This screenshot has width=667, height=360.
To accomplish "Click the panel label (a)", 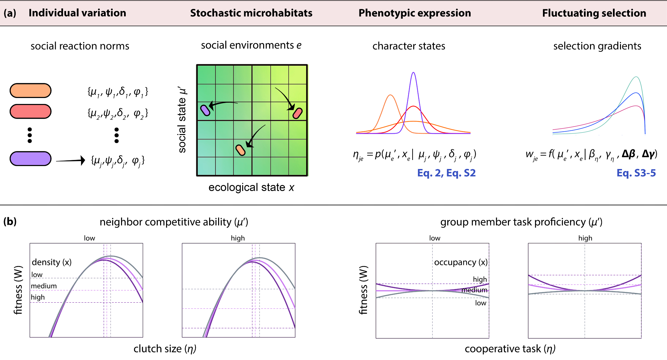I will pos(10,13).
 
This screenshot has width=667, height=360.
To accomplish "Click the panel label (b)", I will pos(10,222).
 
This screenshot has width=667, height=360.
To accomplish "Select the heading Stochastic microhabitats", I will pos(251,13).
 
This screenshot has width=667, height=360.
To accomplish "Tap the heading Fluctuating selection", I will pos(594,13).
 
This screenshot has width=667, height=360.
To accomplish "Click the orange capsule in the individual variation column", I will pos(30,91).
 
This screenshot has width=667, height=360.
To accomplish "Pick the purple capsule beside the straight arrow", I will pos(30,159).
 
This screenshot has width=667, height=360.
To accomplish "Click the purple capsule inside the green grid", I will pos(205,110).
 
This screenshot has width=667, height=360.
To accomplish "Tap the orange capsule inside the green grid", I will pos(240,150).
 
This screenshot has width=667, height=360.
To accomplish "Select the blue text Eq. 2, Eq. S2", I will pos(446,173).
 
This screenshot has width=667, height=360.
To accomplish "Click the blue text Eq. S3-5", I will pos(636,173).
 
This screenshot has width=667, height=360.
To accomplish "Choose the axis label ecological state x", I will pos(251,188).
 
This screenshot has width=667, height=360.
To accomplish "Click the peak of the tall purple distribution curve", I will pos(413,73).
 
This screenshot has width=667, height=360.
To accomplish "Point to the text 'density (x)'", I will pos(52,262).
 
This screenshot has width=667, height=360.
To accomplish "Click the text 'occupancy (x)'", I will pos(461,262).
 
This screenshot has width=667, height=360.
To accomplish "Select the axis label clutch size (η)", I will pos(165,349).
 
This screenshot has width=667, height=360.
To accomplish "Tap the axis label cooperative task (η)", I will pos(510,349).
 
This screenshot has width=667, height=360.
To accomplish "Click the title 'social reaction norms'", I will pos(80,46).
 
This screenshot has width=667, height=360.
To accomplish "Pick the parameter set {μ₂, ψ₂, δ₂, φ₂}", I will pos(118,114).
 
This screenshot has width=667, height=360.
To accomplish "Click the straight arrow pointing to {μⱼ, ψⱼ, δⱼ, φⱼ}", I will pos(70,161).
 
